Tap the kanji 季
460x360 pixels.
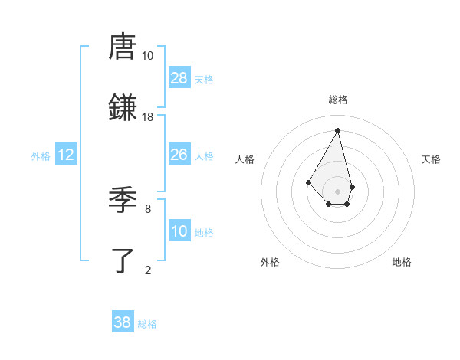coord(123,201)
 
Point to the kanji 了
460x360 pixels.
coord(123,260)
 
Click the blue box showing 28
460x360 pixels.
coord(179,78)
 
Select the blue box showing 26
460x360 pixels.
coord(179,155)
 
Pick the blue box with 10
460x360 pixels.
coord(179,231)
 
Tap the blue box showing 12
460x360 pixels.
coord(66,155)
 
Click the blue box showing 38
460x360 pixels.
coord(123,322)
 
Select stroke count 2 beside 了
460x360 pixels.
coord(148,269)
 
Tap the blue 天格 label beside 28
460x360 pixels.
coord(204,80)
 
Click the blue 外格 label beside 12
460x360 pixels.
coord(41,156)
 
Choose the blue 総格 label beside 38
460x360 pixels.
coord(147,324)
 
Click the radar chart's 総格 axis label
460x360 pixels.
coord(338,100)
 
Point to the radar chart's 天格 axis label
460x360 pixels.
coord(432,159)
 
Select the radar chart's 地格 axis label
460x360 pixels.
coord(402,262)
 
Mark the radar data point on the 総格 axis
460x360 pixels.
coord(337,129)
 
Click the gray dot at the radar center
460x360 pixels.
coord(337,191)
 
